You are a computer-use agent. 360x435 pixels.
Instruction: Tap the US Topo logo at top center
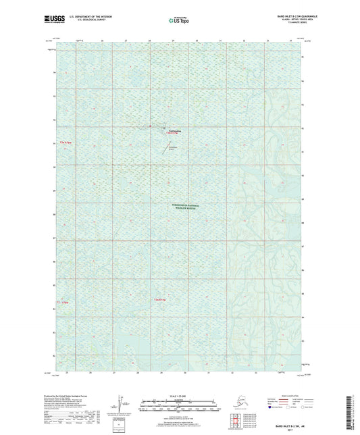tap(174, 20)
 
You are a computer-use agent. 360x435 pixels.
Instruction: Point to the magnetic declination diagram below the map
tap(122, 402)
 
